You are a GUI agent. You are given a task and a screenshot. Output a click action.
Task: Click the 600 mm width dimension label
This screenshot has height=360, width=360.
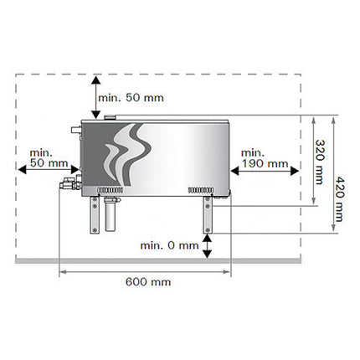[x=148, y=282]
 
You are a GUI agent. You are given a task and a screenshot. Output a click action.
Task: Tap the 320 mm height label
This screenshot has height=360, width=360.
[x=320, y=162]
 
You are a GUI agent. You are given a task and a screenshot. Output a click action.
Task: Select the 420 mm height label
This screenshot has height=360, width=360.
[x=339, y=199]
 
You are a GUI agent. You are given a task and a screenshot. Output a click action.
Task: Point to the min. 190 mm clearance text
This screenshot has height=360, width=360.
[x=265, y=158]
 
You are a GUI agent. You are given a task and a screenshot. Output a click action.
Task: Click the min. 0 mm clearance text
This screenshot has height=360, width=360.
[x=169, y=245]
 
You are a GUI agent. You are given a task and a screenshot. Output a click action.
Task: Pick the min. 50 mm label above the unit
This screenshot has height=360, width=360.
[x=131, y=98]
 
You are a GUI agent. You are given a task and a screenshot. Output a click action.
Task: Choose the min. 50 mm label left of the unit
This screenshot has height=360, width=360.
[x=49, y=158]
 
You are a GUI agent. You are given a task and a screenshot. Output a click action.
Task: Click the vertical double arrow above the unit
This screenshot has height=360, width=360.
[x=96, y=97]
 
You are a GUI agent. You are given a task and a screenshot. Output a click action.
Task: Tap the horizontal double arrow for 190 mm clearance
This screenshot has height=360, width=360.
[x=265, y=171]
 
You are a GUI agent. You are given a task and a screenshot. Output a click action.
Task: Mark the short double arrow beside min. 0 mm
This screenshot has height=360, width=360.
[x=207, y=246]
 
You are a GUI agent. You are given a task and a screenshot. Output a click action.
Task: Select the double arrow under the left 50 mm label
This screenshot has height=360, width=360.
[x=49, y=169]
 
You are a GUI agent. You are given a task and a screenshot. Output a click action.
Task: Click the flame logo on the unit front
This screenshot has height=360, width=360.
[x=128, y=154]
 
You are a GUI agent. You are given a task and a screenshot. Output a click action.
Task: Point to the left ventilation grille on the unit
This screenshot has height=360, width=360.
[x=111, y=190]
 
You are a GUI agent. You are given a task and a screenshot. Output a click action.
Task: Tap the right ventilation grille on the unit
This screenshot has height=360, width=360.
[x=201, y=190]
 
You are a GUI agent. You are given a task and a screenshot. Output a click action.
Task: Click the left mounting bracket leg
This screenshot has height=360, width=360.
[x=95, y=215]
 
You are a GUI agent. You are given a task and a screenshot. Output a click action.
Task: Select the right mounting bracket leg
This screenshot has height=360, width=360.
[x=208, y=215]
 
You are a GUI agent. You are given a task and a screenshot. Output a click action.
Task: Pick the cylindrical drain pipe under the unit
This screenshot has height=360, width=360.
[x=111, y=214]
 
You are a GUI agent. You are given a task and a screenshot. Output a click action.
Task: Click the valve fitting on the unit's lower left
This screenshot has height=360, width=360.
[x=70, y=183]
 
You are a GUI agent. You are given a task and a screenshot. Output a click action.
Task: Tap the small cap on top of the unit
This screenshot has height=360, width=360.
[x=111, y=117]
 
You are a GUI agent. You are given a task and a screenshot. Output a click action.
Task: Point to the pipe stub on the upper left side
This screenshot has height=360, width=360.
[x=76, y=130]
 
